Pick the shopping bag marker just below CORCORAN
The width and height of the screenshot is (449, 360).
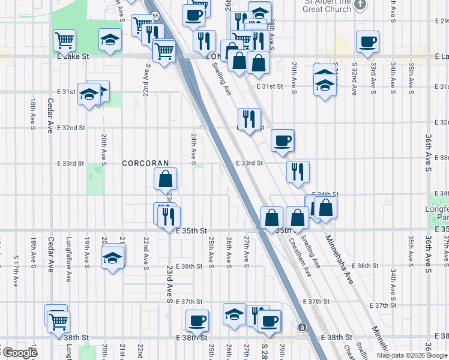[x=165, y=179]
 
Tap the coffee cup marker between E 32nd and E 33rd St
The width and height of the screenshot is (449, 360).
[x=282, y=141]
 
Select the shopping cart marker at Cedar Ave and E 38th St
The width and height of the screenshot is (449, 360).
[x=58, y=322]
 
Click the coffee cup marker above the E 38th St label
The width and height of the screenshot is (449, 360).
[x=196, y=320]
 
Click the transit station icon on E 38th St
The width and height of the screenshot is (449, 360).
[x=302, y=328]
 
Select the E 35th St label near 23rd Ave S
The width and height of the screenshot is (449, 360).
[x=191, y=230]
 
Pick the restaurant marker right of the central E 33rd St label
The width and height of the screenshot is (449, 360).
[x=298, y=172]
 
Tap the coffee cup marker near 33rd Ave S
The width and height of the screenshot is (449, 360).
[x=367, y=42]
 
